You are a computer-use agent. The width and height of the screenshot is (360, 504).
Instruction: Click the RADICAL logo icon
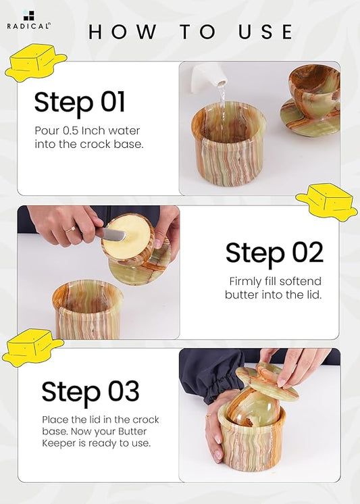coord(28,16)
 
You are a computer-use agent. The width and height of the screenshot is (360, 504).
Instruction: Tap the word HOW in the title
coord(122,32)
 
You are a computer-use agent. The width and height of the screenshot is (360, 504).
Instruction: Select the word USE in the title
coord(265,32)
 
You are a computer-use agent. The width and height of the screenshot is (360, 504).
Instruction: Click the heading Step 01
coord(80,102)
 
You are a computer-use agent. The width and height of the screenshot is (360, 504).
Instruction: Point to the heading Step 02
coord(274,253)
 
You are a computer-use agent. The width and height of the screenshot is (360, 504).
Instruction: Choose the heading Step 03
coord(91,391)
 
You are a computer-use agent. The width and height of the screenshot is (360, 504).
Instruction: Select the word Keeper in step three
coord(57,443)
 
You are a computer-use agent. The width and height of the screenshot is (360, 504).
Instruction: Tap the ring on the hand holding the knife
coord(71,229)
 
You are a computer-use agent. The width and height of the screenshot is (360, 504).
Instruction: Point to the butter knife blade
coord(111,234)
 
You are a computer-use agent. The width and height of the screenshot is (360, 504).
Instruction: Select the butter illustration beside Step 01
coord(36,63)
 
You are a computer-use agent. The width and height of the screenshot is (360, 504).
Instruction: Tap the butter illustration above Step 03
coord(32,347)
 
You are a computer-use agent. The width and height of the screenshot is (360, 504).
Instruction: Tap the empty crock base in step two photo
coord(87,309)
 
